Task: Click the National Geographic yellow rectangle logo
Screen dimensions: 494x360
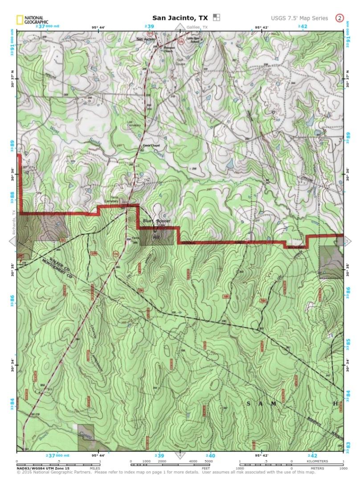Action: [20, 19]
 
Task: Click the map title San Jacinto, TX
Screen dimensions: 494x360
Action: [180, 18]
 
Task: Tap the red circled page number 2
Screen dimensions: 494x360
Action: [340, 18]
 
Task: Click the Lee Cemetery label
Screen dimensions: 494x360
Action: [130, 123]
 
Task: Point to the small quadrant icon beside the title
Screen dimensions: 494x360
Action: [217, 18]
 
